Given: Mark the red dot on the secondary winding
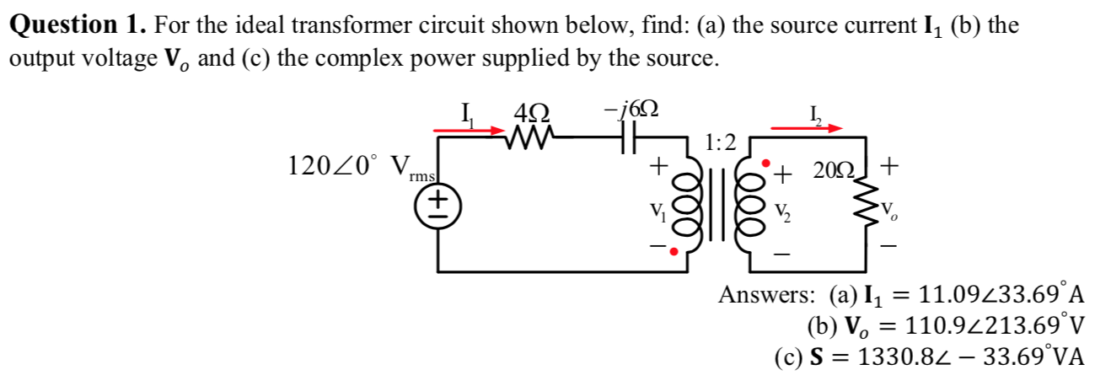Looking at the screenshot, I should [765, 162].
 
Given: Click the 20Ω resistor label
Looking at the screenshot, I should [831, 172].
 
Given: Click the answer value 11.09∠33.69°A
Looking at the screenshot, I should [1002, 296].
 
